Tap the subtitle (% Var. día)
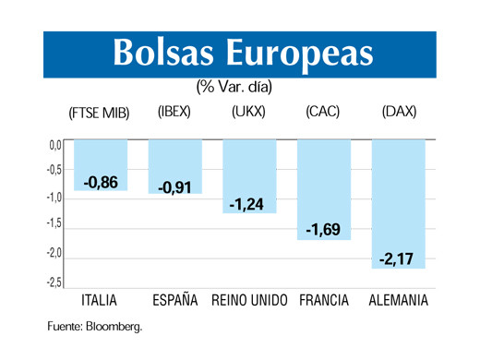pos(234,88)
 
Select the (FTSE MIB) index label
pos(99,113)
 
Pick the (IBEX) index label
pos(174,112)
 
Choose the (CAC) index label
pos(323,112)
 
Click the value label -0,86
pos(101,183)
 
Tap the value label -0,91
pos(174,188)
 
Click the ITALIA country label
pos(100,301)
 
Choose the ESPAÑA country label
pos(175,301)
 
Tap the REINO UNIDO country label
pos(250,301)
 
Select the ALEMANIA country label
pos(398,301)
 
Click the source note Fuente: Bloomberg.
pos(96,327)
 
